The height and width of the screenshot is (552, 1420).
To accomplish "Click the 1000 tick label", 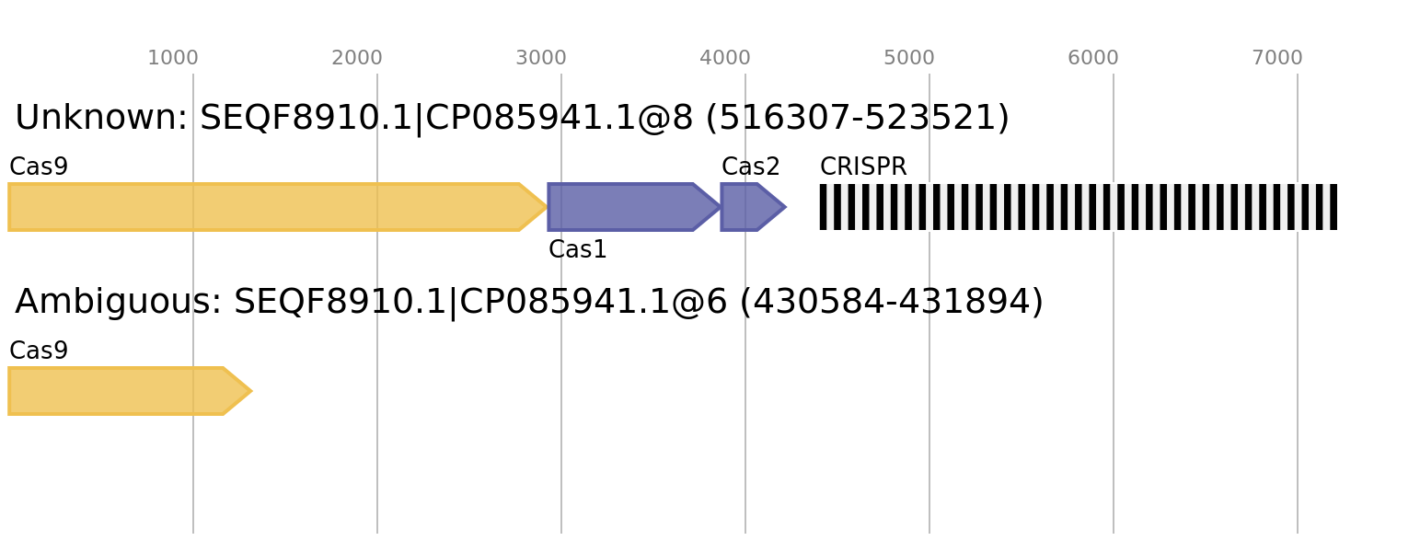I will pos(173,58).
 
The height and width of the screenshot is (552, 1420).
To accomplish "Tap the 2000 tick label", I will pos(357,58).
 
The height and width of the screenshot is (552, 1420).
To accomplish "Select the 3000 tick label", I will pos(541,58).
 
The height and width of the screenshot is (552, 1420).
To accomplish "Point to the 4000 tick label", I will pos(725,58).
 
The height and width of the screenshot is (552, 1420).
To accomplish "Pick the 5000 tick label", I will pos(909,58).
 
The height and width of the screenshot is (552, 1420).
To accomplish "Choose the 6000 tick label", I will pos(1093,58).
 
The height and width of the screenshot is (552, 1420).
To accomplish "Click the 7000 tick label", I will pos(1277,58).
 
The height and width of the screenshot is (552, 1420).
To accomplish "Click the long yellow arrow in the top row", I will pos(267,207).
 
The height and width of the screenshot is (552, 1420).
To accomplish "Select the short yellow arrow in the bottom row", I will pos(120,391).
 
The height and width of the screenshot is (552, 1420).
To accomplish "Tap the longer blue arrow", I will pos(626,207).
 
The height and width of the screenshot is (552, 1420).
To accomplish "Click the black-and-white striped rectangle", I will pos(1078,207).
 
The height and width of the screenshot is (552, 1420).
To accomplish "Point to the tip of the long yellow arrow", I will pos(547,207).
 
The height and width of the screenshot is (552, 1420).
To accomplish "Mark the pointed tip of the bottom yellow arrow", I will pos(252,391).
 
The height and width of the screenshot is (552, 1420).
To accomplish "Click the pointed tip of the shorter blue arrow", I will pos(786,207).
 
